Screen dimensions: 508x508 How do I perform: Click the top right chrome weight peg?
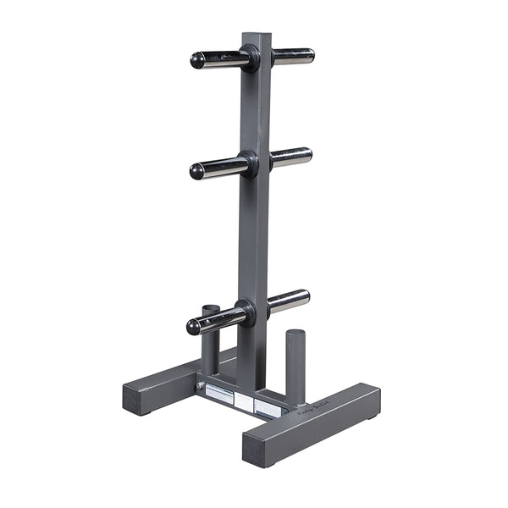pyautogui.click(x=293, y=56)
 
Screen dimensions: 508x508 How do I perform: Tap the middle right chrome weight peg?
pyautogui.click(x=290, y=157)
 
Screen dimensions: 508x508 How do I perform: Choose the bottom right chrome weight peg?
pyautogui.click(x=289, y=300)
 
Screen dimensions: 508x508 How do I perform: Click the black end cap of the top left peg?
pyautogui.click(x=196, y=61)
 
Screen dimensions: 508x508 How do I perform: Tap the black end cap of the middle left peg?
pyautogui.click(x=196, y=171)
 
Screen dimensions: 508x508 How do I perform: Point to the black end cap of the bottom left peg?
pyautogui.click(x=194, y=327)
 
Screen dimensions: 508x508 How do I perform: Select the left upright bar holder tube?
pyautogui.click(x=210, y=339)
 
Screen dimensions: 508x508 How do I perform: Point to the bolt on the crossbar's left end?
pyautogui.click(x=201, y=386)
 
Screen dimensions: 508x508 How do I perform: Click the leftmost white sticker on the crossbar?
pyautogui.click(x=219, y=392)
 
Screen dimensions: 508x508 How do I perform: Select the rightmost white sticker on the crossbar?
pyautogui.click(x=268, y=407)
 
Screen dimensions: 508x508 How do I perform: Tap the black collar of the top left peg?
pyautogui.click(x=249, y=58)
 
